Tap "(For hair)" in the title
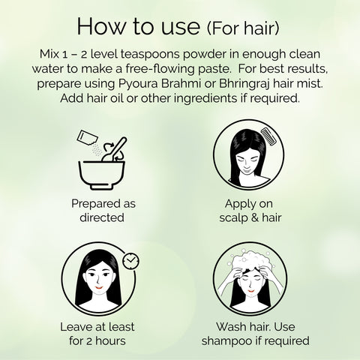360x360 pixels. click(x=243, y=28)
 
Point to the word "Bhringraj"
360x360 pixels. click(x=244, y=84)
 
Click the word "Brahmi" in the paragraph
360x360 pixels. click(x=181, y=83)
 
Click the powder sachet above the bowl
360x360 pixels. click(x=87, y=137)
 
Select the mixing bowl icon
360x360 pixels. click(x=102, y=175)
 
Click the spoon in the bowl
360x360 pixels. click(x=114, y=149)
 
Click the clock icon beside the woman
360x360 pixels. click(x=131, y=261)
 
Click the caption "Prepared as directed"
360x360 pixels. click(x=103, y=211)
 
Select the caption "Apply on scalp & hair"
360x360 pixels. click(x=250, y=211)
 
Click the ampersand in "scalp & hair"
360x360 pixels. click(x=254, y=217)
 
